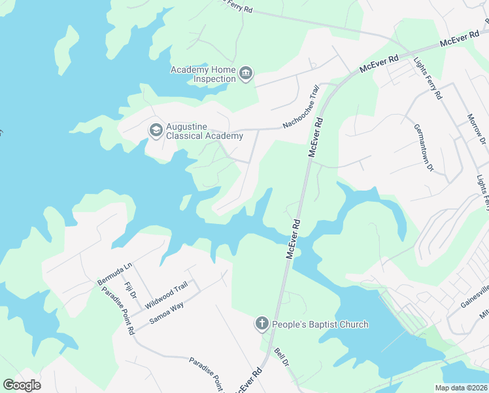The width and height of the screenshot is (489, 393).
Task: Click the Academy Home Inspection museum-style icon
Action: click(x=246, y=73)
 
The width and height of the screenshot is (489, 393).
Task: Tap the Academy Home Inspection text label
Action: click(x=203, y=74)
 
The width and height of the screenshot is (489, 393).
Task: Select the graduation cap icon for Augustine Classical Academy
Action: click(x=156, y=130)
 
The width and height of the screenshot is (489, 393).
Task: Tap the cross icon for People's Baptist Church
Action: click(x=261, y=324)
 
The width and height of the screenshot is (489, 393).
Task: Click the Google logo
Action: click(x=22, y=384)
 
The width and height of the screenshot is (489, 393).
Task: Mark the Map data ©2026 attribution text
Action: click(x=464, y=388)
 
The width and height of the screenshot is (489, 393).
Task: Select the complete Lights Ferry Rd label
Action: click(x=428, y=79)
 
